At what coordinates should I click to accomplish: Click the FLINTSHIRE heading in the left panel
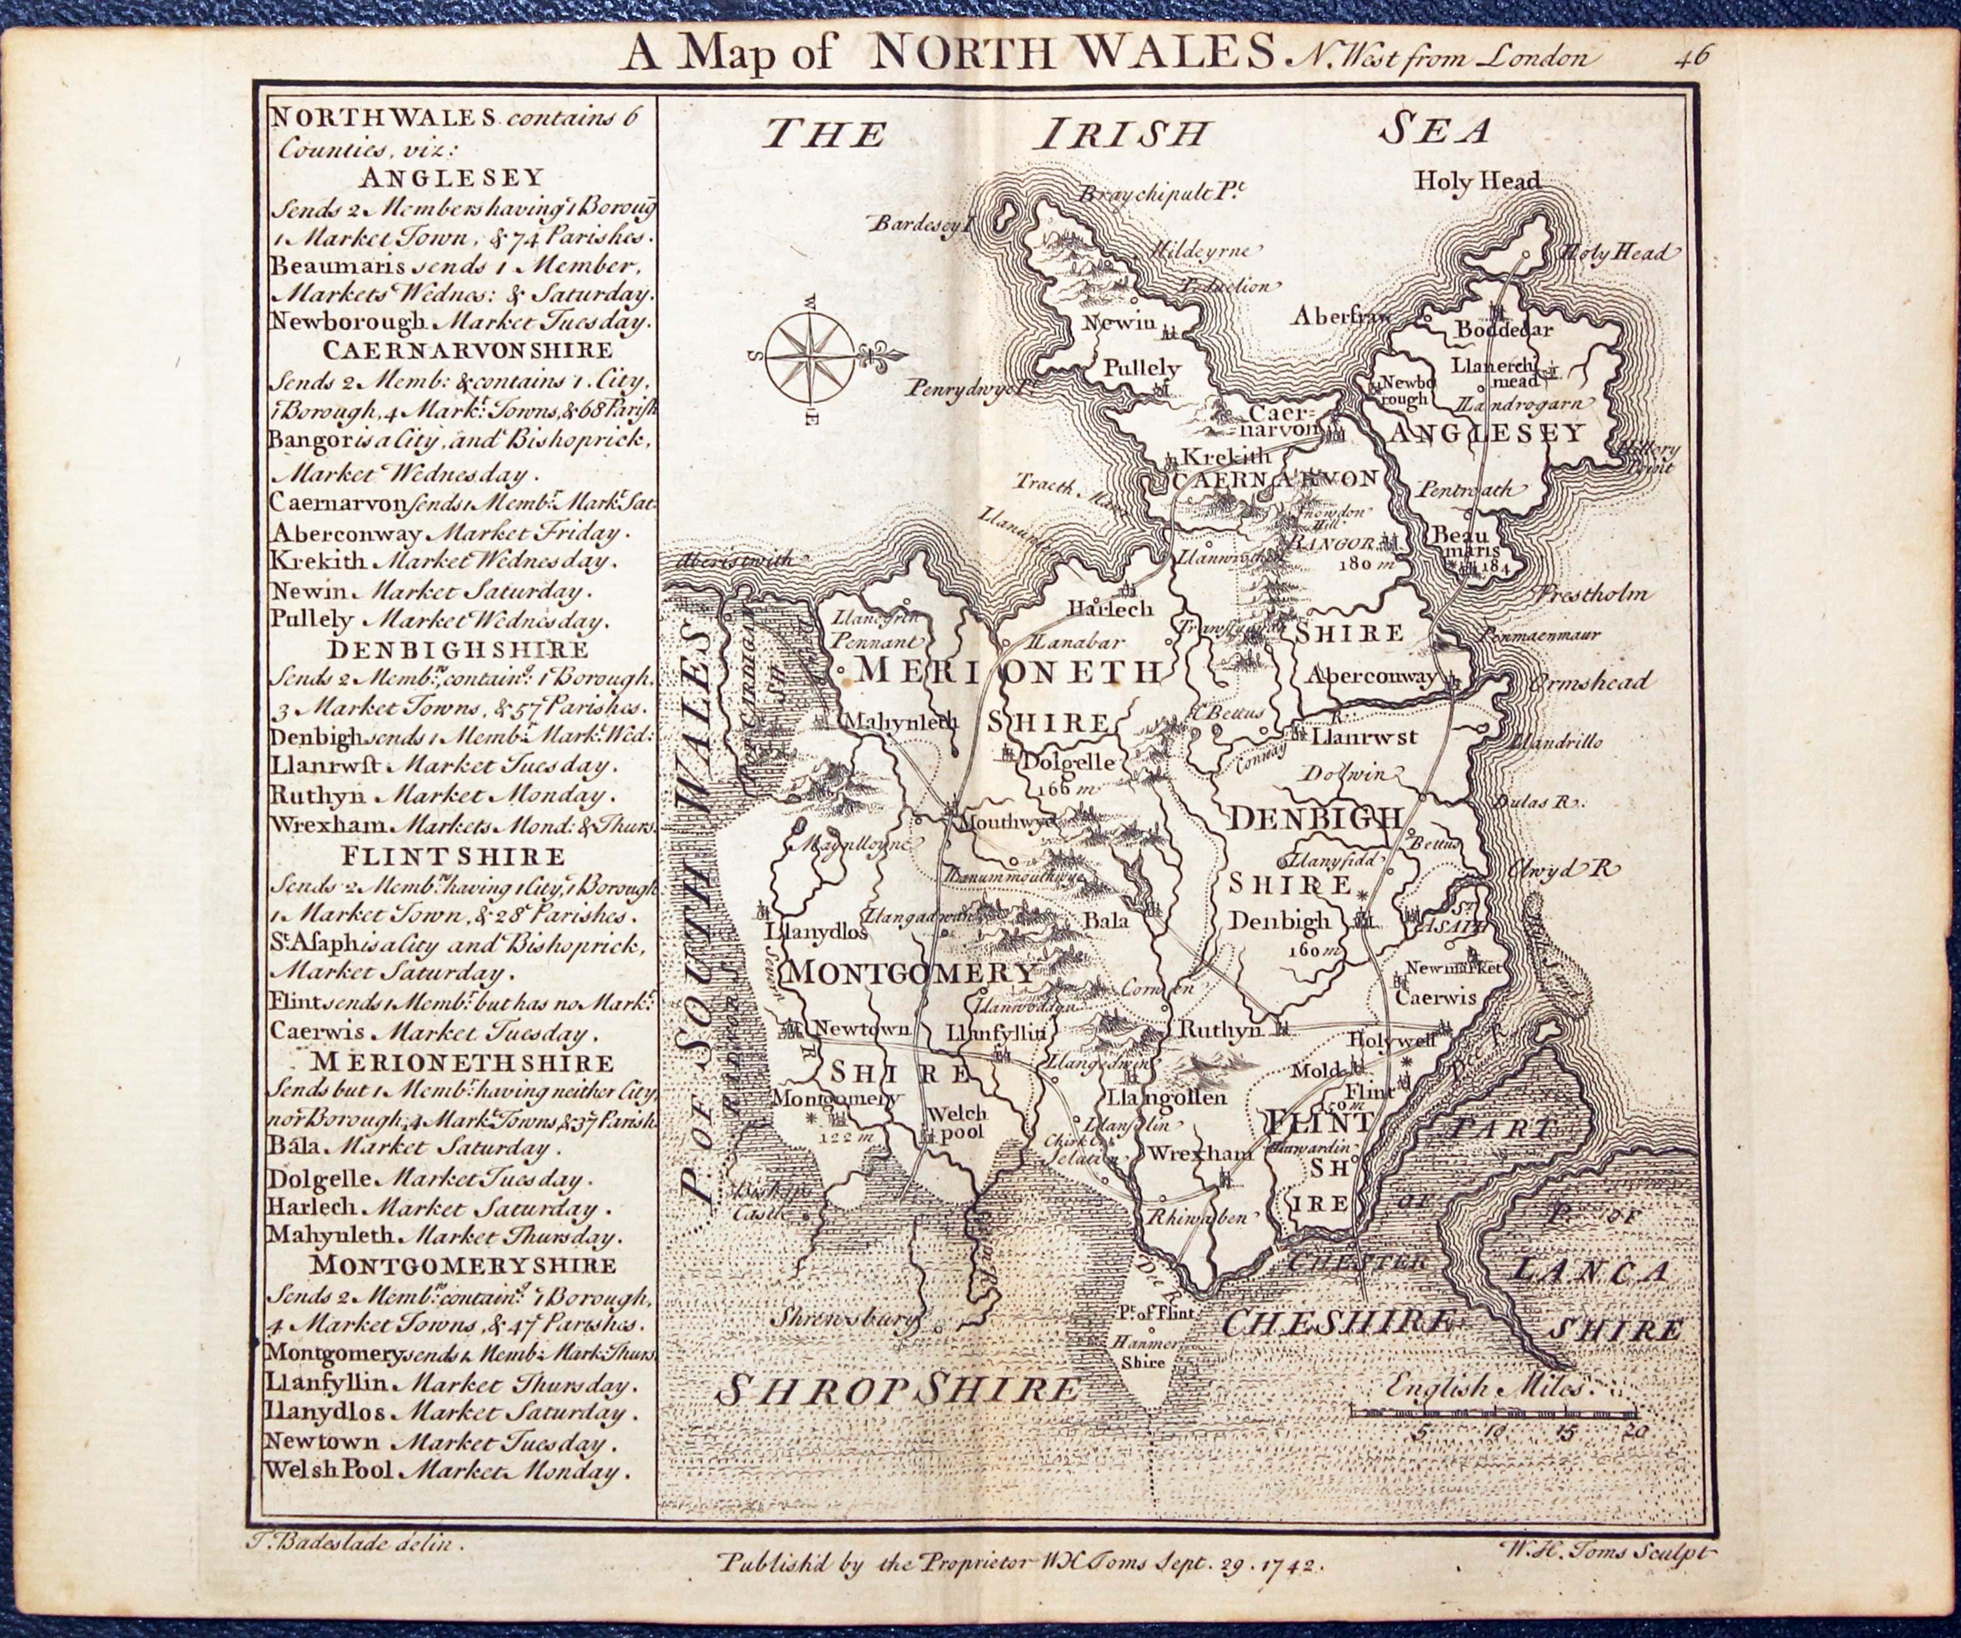coord(453,856)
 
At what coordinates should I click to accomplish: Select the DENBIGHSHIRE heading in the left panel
coord(458,649)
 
